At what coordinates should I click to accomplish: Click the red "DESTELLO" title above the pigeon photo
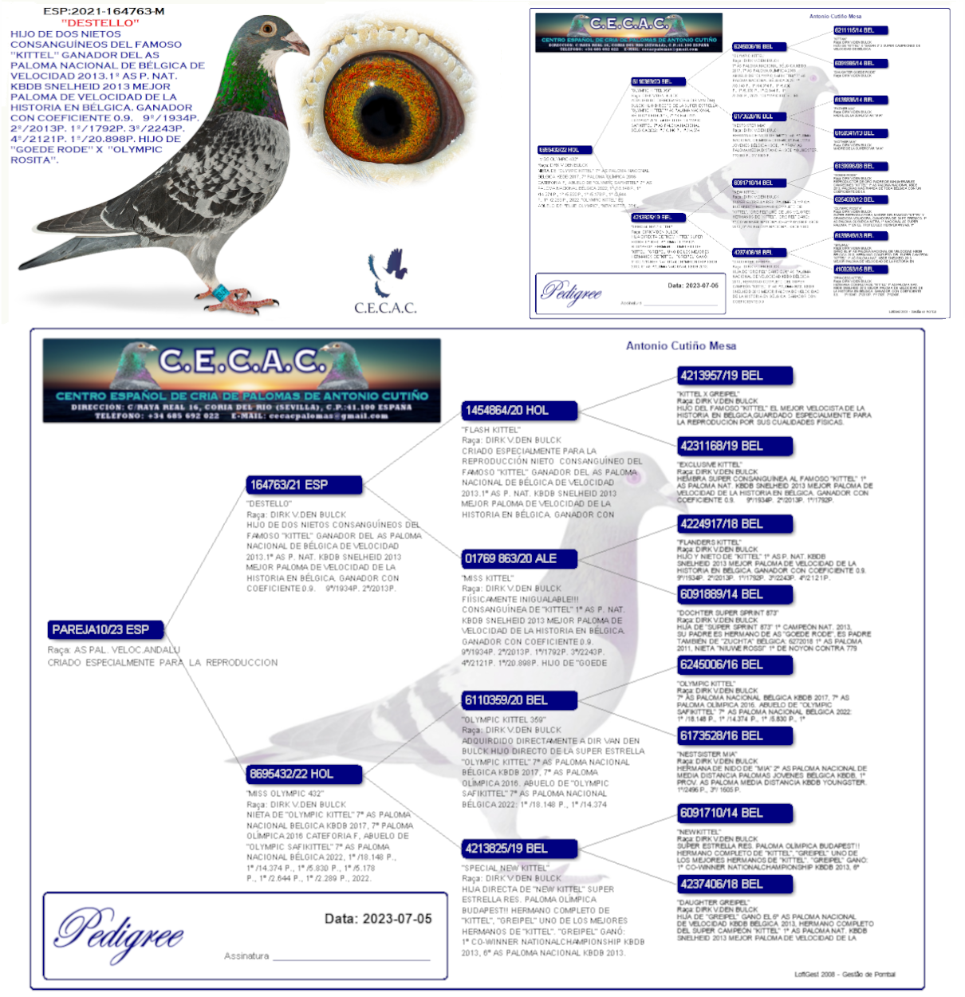100,23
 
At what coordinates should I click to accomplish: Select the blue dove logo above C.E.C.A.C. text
388,272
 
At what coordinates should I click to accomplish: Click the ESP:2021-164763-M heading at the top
104,11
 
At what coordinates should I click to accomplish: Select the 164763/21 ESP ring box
305,485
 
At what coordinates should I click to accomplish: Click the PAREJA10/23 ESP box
106,629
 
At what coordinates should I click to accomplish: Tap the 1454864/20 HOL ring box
518,411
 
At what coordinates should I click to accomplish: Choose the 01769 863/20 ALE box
518,558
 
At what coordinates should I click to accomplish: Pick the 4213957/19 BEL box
735,376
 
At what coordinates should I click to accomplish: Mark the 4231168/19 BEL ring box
735,446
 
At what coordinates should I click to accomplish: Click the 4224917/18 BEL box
735,524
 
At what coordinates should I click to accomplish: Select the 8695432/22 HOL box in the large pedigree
305,774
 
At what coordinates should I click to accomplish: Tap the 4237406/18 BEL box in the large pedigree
735,884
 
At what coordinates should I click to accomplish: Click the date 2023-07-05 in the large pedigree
378,919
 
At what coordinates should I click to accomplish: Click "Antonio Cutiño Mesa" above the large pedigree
680,346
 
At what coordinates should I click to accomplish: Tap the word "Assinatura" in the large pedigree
246,956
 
